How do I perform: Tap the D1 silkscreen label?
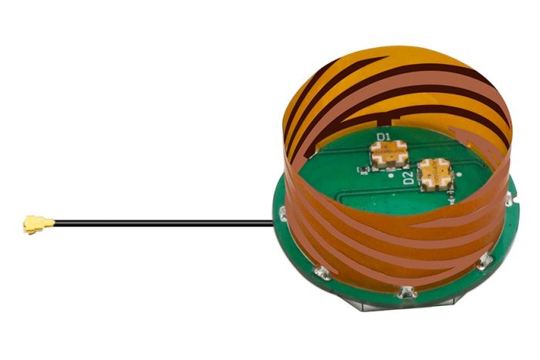click(x=384, y=138)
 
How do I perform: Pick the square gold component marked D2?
click(x=434, y=174)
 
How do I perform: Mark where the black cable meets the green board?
click(x=275, y=224)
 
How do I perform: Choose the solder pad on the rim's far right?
click(x=509, y=202)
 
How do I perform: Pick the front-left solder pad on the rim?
click(x=319, y=271)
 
